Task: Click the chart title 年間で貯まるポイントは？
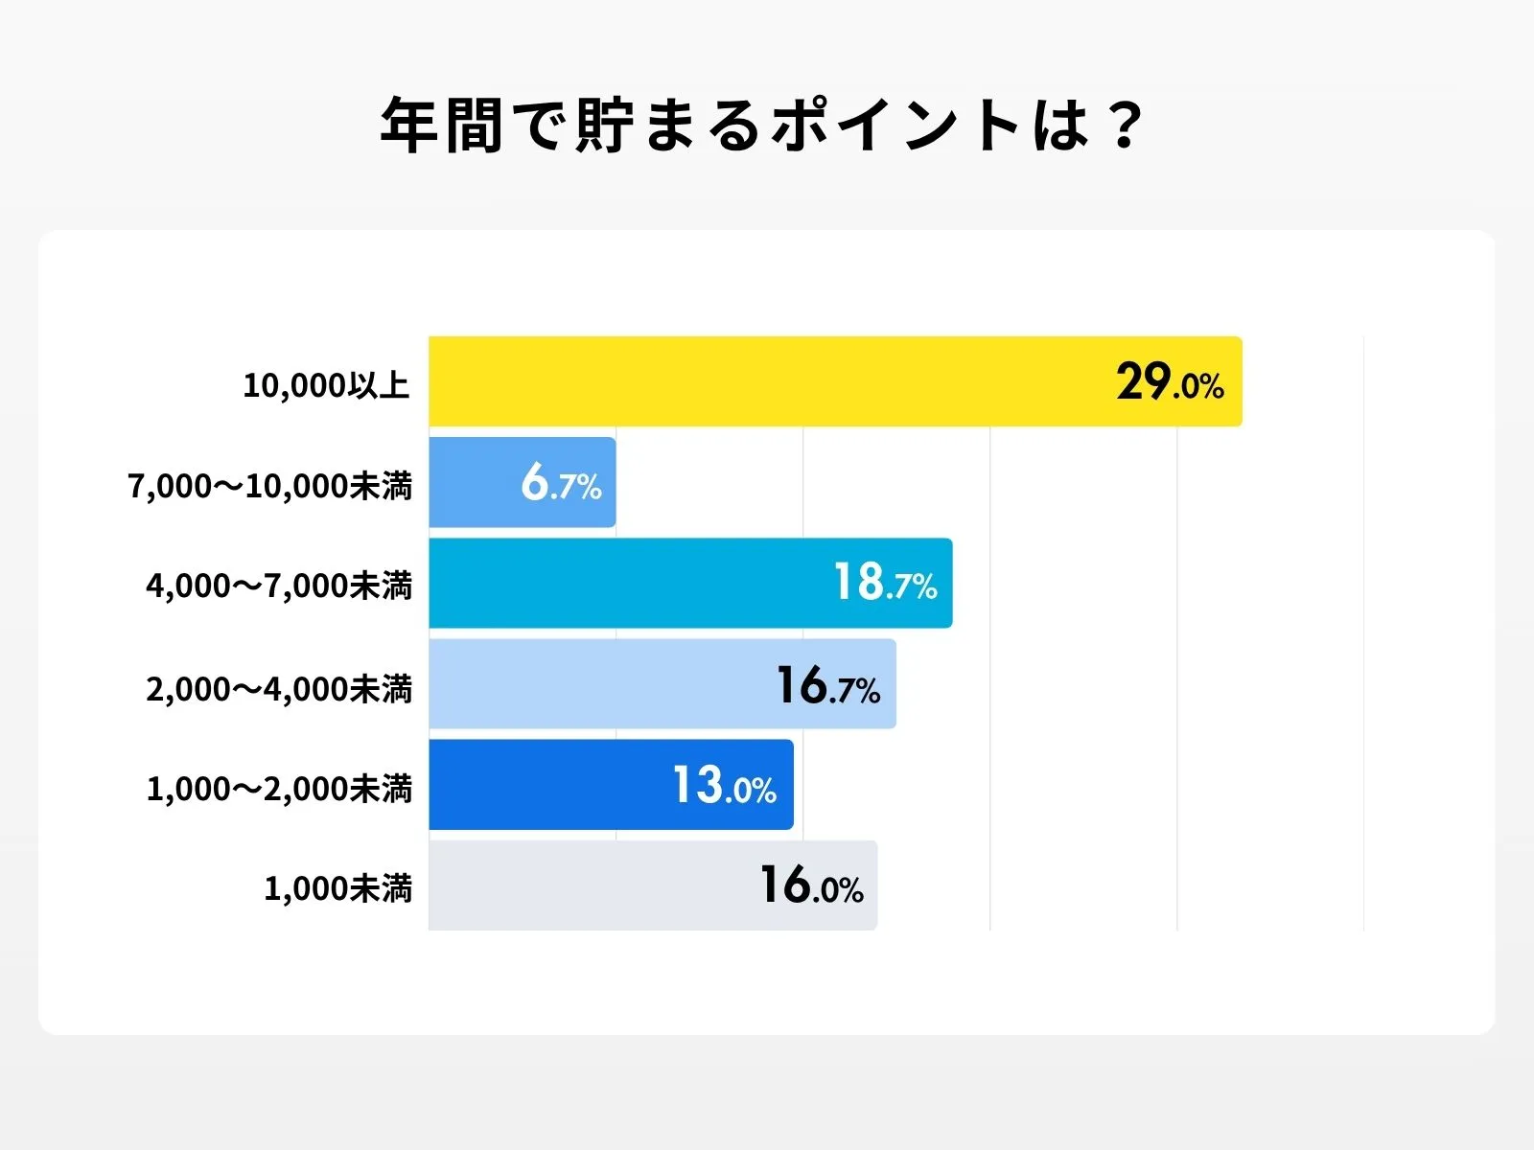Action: (x=762, y=126)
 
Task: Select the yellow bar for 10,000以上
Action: (x=767, y=381)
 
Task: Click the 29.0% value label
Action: (x=1170, y=382)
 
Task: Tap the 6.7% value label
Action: (x=561, y=482)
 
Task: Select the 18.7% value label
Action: (x=885, y=583)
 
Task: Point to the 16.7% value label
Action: (x=827, y=686)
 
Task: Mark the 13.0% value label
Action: (x=724, y=786)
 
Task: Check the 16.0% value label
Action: (x=811, y=885)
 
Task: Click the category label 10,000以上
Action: (x=326, y=385)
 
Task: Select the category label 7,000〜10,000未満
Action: (x=270, y=486)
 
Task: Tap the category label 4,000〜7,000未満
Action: (x=279, y=586)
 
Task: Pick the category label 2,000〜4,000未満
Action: (x=279, y=688)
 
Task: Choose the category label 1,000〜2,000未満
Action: (x=279, y=789)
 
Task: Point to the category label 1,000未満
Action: (x=337, y=888)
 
